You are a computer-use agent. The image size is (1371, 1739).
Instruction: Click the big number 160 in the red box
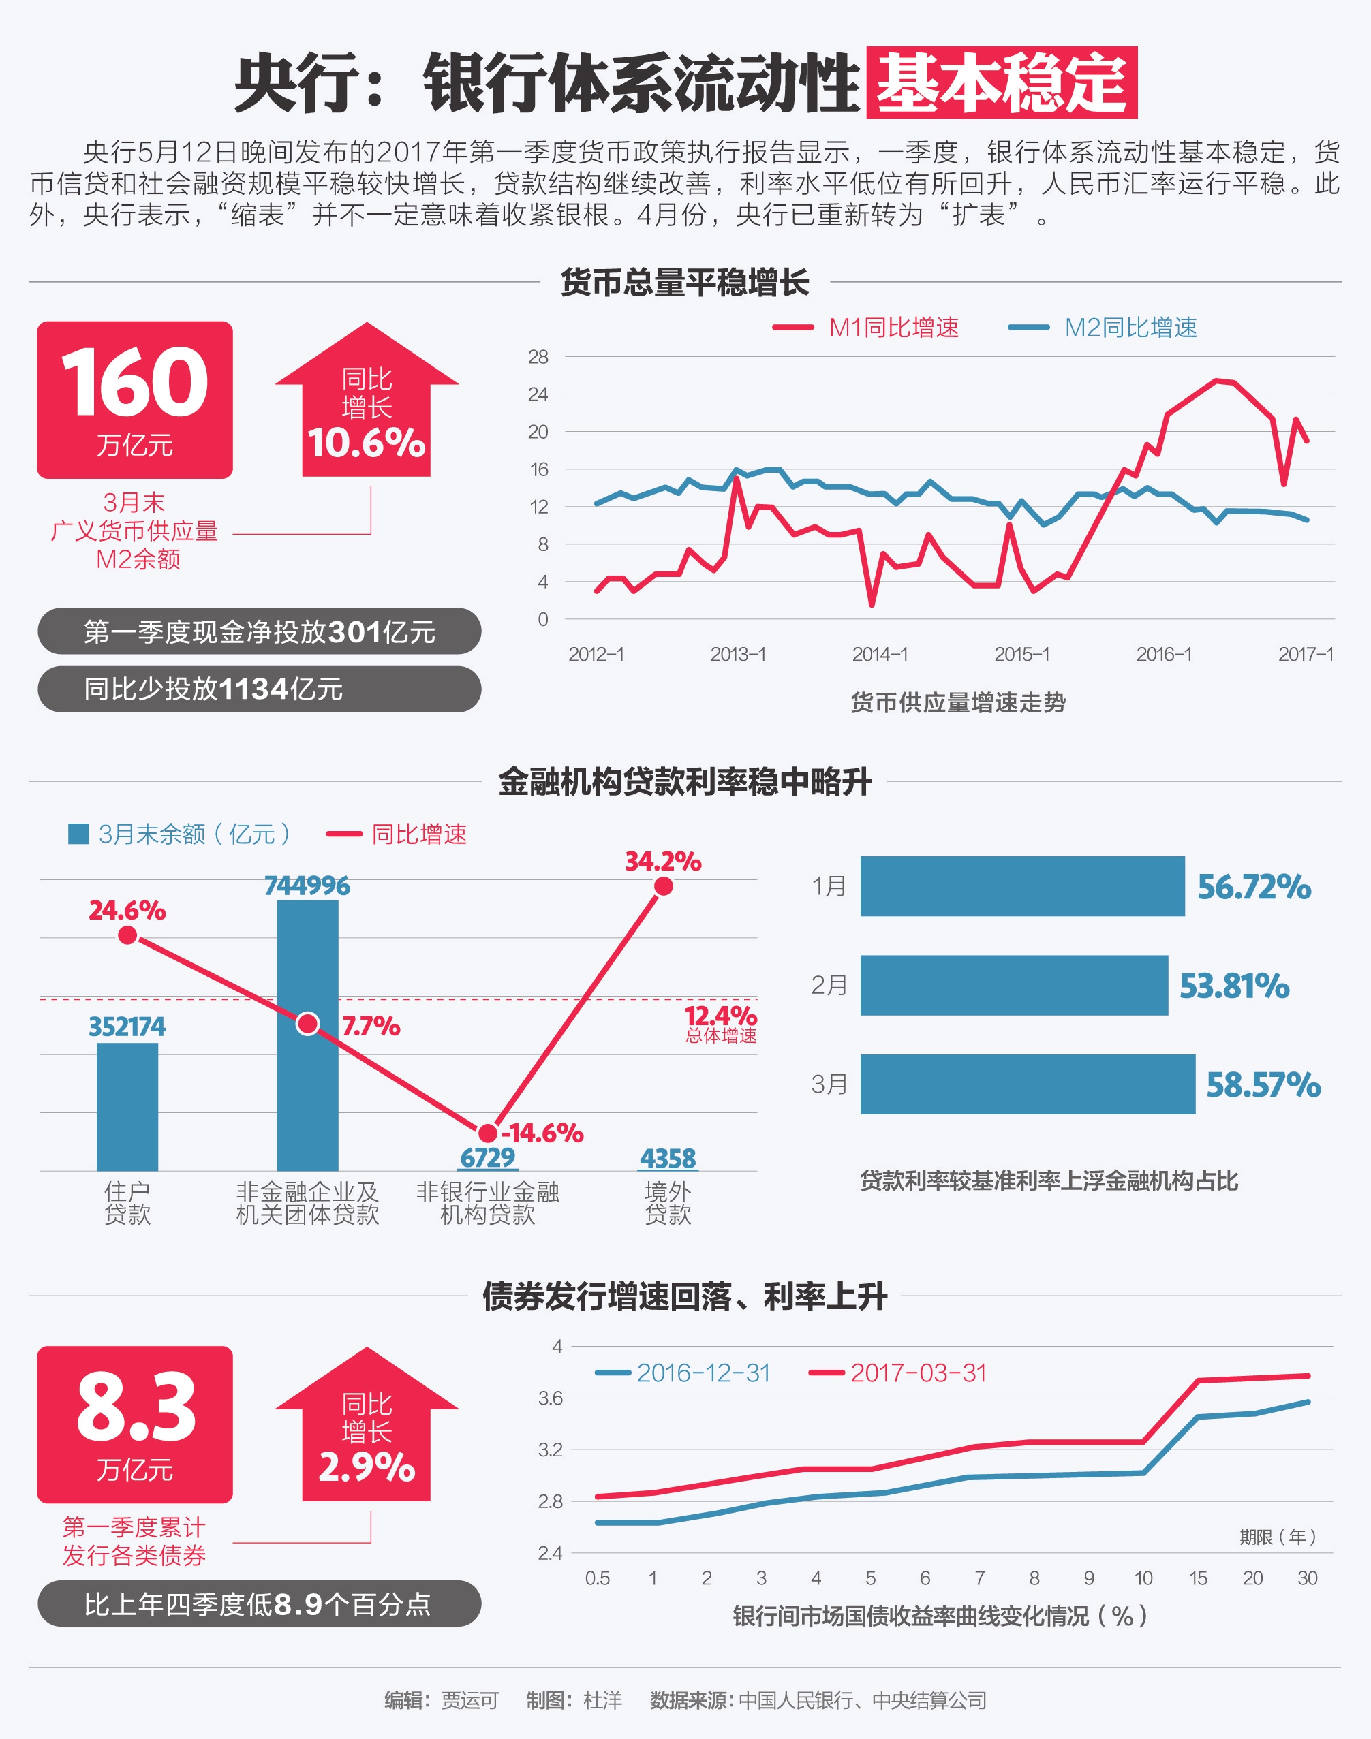point(135,383)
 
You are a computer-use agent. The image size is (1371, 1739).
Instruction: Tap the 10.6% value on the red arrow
point(366,443)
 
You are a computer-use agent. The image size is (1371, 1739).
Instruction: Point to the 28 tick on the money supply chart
point(538,357)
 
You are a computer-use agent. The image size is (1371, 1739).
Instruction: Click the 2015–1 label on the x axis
point(1022,654)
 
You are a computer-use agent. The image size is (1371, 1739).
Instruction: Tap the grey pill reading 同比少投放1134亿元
point(258,689)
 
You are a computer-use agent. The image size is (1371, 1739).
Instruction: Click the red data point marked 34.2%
point(663,886)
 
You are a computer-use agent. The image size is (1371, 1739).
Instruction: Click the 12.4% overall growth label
point(720,1017)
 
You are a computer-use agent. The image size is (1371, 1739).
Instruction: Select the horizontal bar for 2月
point(1013,985)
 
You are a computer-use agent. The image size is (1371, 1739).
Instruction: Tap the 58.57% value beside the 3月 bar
point(1263,1085)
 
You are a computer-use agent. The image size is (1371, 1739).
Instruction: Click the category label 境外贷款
point(668,1202)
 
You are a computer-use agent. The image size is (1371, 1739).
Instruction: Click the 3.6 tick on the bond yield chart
point(550,1398)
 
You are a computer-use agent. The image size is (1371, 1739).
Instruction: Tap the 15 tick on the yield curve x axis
point(1198,1578)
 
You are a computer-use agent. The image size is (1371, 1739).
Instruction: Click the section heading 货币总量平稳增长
point(685,283)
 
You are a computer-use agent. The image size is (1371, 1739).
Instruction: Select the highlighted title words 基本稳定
point(1001,82)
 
